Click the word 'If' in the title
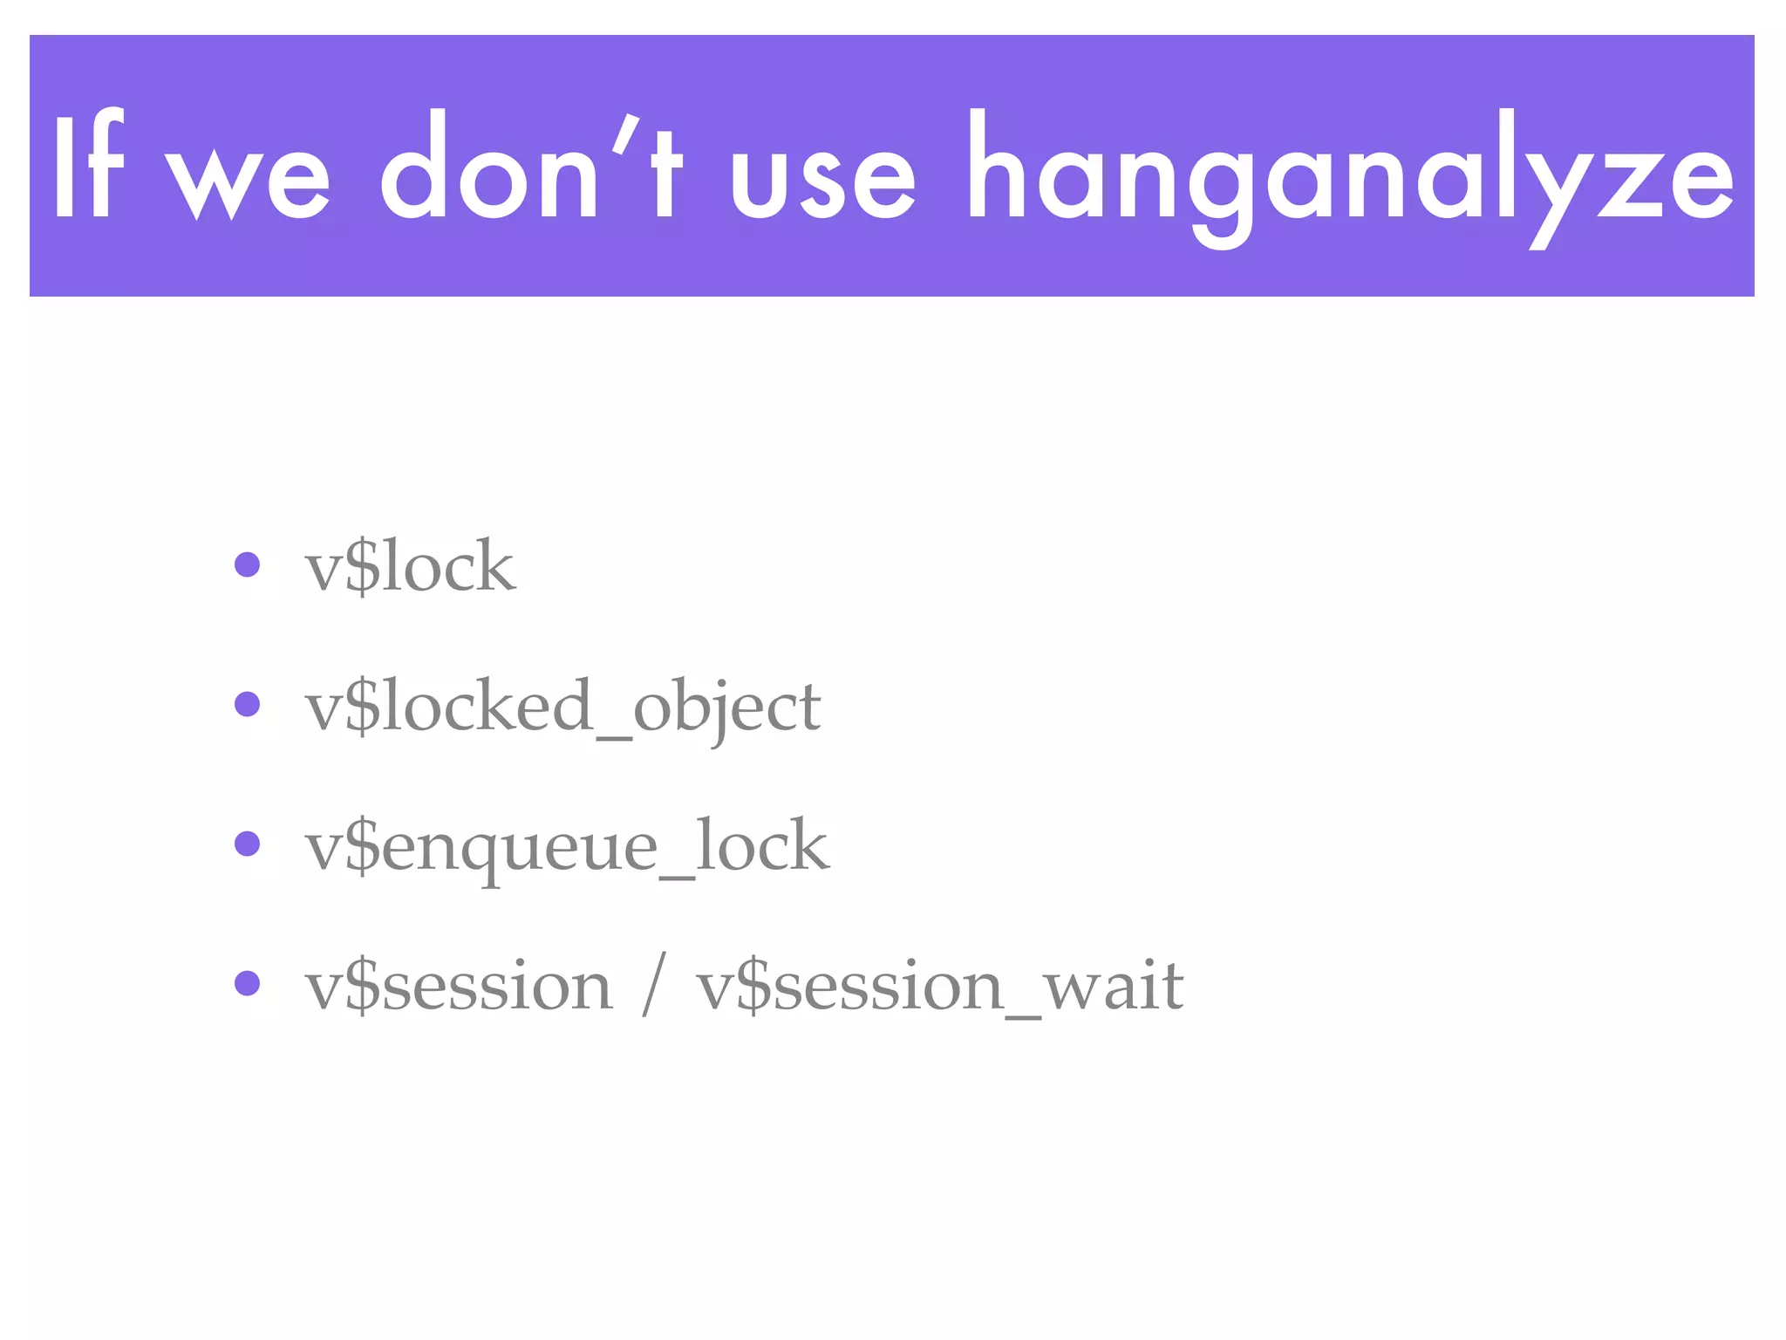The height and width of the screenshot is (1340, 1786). [x=87, y=166]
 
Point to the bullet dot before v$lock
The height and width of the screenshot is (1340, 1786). [x=248, y=564]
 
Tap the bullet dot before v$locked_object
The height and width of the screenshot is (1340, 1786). [x=248, y=704]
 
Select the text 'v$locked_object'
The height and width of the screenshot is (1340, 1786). [x=562, y=708]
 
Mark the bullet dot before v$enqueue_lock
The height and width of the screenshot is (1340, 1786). [x=248, y=844]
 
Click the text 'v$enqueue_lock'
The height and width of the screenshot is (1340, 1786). [x=567, y=847]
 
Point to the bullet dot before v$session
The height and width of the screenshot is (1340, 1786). [x=248, y=983]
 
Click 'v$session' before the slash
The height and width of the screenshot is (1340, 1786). [x=459, y=987]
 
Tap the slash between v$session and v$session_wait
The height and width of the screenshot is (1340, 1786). [x=654, y=984]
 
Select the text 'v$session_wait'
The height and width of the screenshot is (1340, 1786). [x=939, y=987]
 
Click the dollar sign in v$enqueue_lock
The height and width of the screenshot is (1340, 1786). [x=363, y=847]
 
